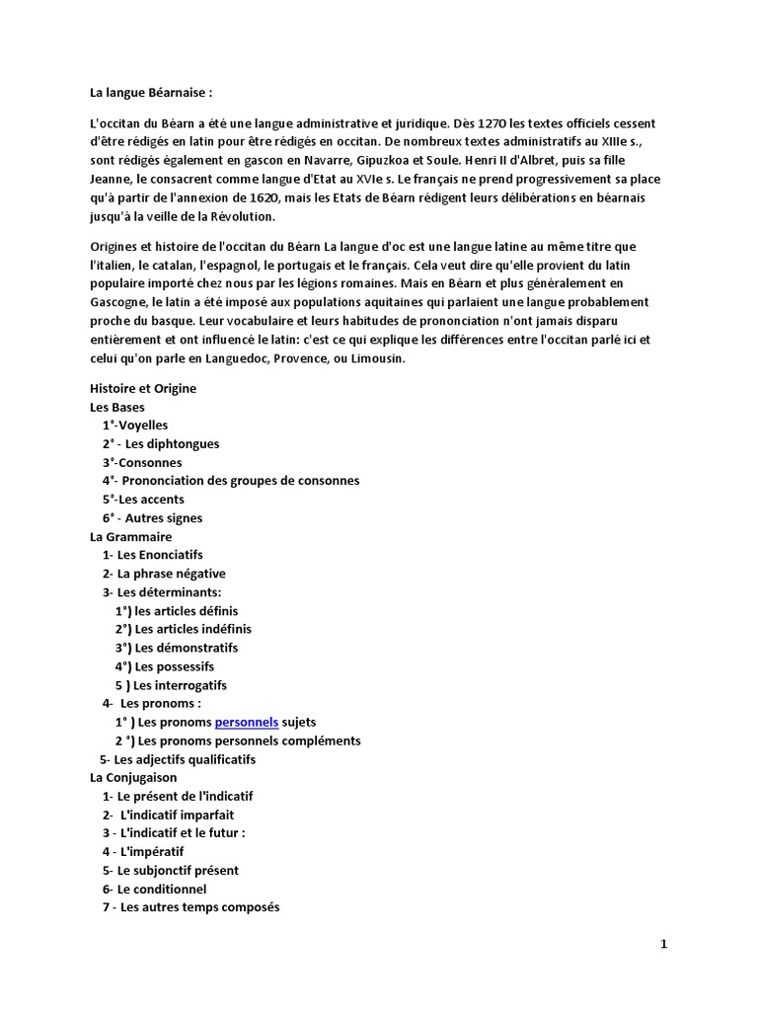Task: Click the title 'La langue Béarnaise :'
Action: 151,92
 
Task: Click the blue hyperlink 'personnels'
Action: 247,722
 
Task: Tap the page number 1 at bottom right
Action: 664,945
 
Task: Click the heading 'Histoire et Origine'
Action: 143,388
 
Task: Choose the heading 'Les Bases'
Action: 116,407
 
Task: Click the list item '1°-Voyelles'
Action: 134,426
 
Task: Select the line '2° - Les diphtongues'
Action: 160,443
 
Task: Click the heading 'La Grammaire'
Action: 130,536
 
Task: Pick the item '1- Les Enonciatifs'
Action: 152,555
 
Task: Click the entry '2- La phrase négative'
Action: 164,574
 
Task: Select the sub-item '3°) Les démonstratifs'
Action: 176,648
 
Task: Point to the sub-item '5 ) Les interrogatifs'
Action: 171,684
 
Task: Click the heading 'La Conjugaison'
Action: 133,777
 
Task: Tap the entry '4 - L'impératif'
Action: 143,851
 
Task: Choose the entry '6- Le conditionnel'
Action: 154,889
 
